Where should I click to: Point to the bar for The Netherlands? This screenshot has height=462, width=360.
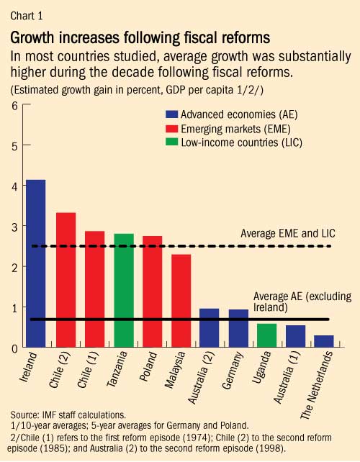pos(324,341)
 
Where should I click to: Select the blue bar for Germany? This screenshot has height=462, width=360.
pos(239,328)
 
